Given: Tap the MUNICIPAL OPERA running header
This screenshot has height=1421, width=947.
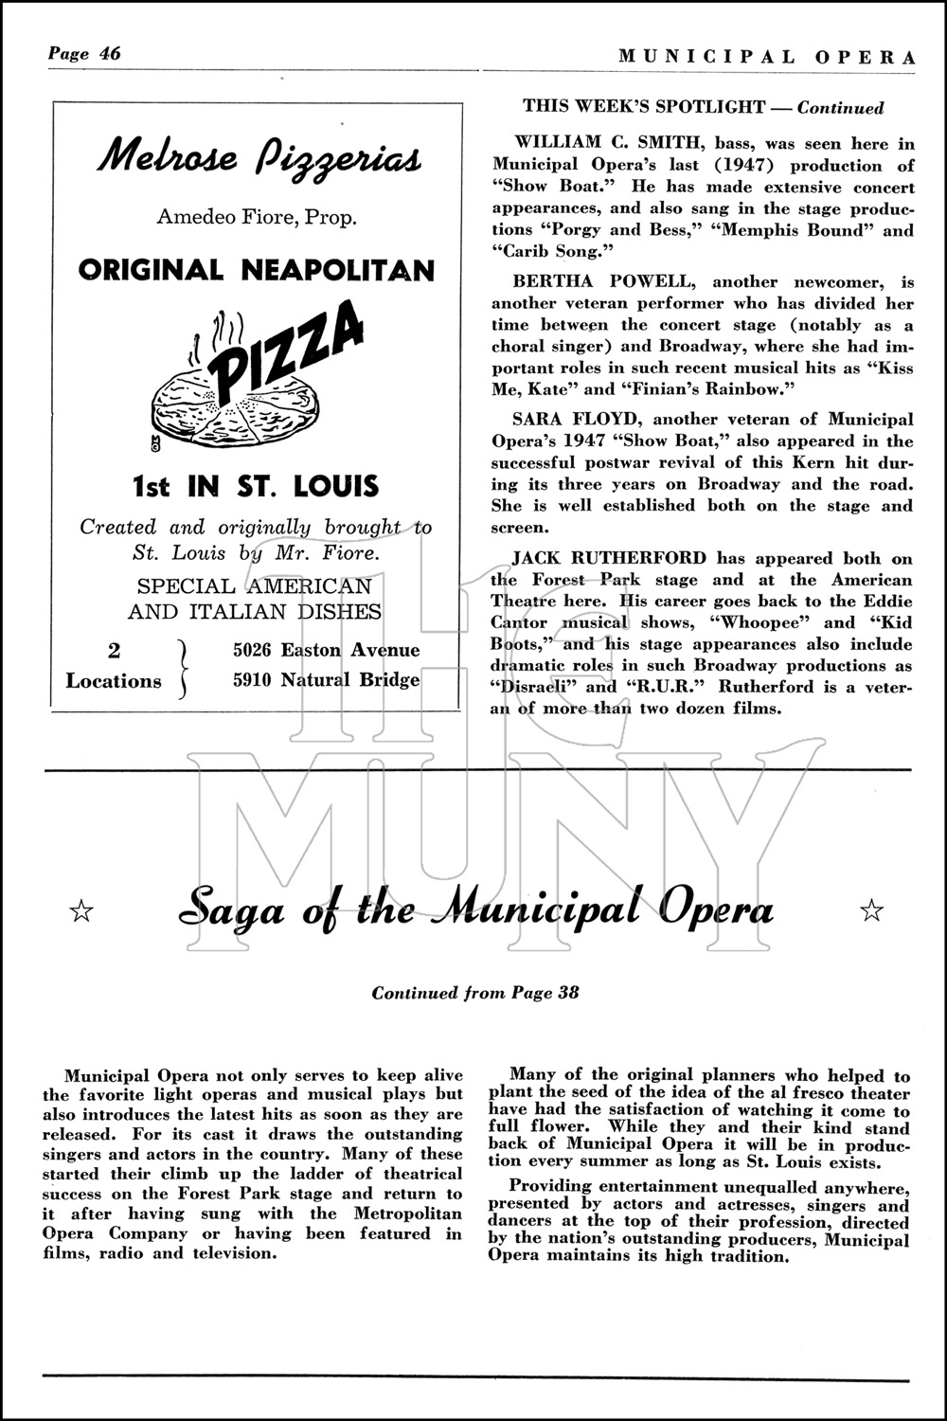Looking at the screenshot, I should pyautogui.click(x=767, y=57).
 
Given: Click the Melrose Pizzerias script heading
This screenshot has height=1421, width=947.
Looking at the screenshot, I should pyautogui.click(x=257, y=157).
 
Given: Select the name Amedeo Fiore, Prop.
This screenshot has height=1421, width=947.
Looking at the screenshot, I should pyautogui.click(x=257, y=217).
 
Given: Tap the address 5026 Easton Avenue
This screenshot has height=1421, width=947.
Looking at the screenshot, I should pyautogui.click(x=327, y=650).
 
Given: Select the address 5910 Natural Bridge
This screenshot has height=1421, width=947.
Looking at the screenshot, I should pyautogui.click(x=327, y=680).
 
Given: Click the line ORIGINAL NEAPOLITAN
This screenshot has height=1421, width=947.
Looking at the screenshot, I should pyautogui.click(x=257, y=271).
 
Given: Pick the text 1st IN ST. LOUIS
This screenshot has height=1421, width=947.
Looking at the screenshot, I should pyautogui.click(x=255, y=487).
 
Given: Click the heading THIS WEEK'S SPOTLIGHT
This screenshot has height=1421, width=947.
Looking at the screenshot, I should pyautogui.click(x=644, y=107).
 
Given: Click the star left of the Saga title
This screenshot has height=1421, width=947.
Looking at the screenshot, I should pyautogui.click(x=82, y=911).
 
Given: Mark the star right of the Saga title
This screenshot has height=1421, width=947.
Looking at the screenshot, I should pyautogui.click(x=871, y=911).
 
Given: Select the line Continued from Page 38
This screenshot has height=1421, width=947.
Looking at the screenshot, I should pyautogui.click(x=474, y=993).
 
